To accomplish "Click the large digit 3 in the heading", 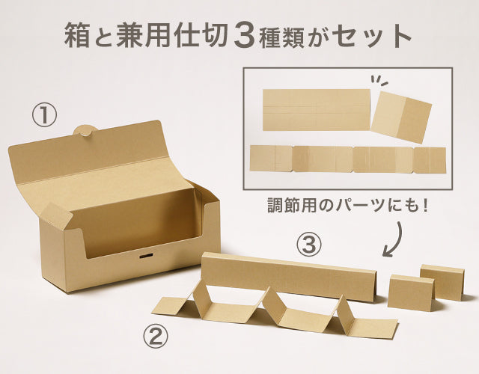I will [x=247, y=35].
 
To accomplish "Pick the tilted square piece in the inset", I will [x=401, y=117].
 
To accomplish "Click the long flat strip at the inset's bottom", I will [x=347, y=159].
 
